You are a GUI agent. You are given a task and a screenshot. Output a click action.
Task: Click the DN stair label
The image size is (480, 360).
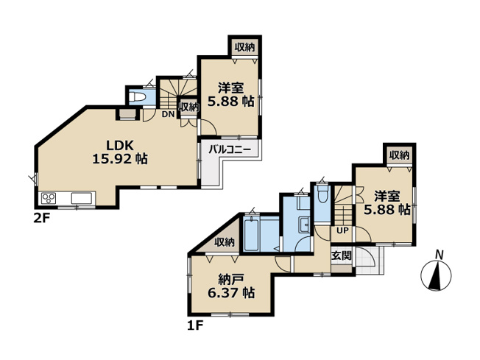pyautogui.click(x=167, y=114)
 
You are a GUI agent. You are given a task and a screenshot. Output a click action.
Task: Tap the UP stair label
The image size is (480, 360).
pyautogui.click(x=342, y=230)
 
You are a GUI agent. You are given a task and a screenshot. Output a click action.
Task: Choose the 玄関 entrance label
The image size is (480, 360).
pyautogui.click(x=341, y=256)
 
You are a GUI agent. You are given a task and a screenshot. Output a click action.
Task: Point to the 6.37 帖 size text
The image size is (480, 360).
pyautogui.click(x=231, y=292)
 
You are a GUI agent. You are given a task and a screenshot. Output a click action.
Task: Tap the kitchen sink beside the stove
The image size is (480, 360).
pyautogui.click(x=80, y=198)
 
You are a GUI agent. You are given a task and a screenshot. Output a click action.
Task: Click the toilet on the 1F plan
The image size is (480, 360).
pyautogui.click(x=322, y=197)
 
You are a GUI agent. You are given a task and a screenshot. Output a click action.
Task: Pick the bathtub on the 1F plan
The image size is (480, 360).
pyautogui.click(x=252, y=235)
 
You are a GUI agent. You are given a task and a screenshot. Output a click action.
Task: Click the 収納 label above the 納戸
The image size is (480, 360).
pyautogui.click(x=225, y=242)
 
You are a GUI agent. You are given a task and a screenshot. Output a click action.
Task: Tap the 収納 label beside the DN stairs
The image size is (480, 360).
pyautogui.click(x=189, y=107)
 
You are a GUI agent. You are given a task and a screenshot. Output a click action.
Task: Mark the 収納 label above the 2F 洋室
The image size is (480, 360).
pyautogui.click(x=244, y=47)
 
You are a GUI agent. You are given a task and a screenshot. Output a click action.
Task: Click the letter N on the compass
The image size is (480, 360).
pyautogui.click(x=439, y=255)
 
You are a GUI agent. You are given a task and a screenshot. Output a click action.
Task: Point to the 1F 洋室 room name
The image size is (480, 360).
pyautogui.click(x=387, y=196)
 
